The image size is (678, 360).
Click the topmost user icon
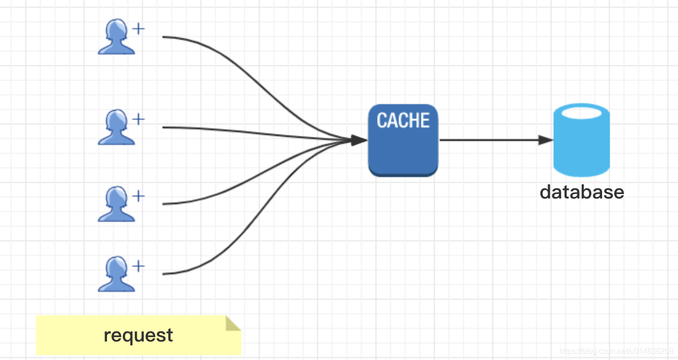[x=116, y=36]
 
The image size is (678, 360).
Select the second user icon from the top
[x=116, y=127]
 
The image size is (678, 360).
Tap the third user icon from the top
[x=116, y=204]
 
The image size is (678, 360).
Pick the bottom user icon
[x=116, y=274]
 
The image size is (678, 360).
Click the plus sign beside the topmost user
[x=138, y=29]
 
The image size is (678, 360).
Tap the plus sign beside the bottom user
[x=138, y=266]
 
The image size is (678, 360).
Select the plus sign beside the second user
[x=138, y=119]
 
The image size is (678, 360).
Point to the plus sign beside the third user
[x=138, y=196]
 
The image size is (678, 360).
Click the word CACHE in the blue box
[x=403, y=120]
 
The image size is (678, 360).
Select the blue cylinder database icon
[x=581, y=140]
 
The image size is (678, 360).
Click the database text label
[x=582, y=192]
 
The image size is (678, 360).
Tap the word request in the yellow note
[x=138, y=336]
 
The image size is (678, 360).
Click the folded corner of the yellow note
[x=232, y=324]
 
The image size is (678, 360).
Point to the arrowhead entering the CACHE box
[x=359, y=140]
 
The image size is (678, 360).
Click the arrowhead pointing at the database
[x=546, y=140]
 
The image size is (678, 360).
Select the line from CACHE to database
[x=497, y=140]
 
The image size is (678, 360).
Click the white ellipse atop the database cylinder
[x=581, y=113]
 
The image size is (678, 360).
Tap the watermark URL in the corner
[x=616, y=351]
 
